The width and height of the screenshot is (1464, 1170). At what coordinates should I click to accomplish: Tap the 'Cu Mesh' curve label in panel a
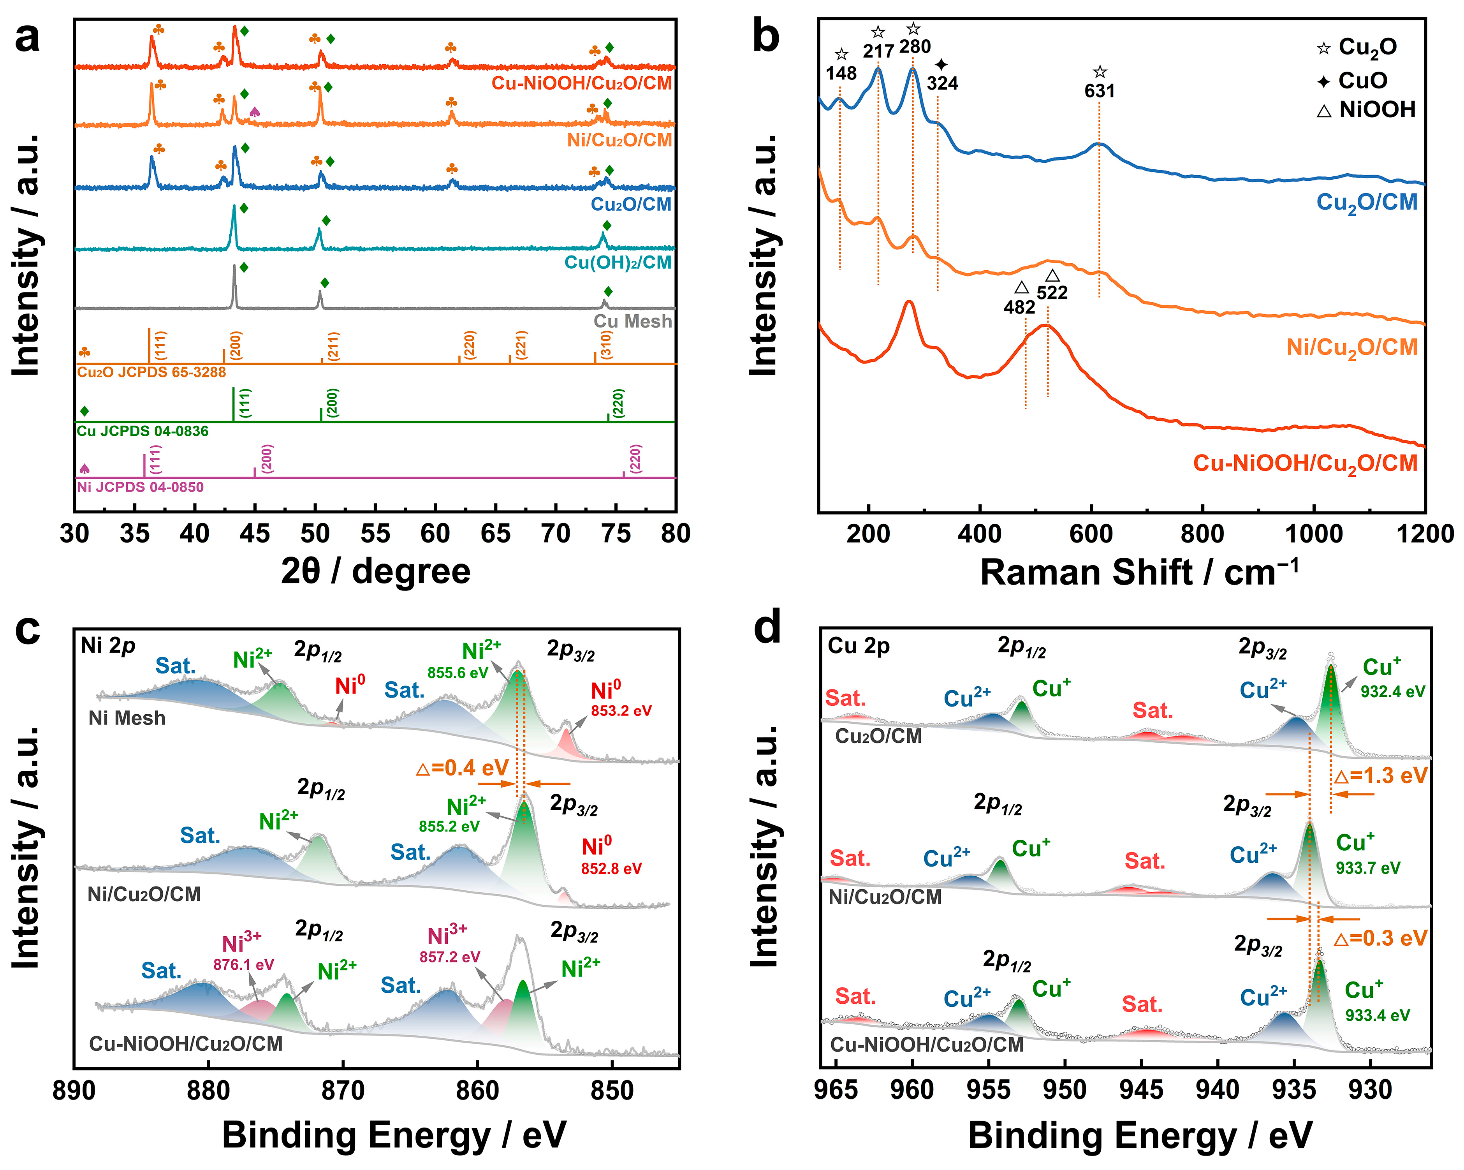coord(632,321)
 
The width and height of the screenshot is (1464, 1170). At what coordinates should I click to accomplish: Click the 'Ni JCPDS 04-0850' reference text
coord(140,487)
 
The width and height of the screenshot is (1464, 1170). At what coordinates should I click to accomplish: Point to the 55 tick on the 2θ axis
coord(375,533)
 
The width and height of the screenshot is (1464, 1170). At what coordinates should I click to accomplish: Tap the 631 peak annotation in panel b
coord(1099,90)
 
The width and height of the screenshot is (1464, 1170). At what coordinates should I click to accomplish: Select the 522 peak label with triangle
coord(1052,292)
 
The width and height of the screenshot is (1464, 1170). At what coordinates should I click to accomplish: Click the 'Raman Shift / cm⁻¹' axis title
coord(1139,572)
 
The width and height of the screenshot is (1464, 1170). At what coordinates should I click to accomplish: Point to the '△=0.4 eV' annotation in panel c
coord(462,768)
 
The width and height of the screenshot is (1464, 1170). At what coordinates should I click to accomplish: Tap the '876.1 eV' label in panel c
coord(243,965)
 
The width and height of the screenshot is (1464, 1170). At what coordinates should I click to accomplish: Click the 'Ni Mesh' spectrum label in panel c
coord(127,718)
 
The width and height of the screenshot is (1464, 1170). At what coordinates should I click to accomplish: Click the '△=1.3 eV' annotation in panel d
coord(1380,775)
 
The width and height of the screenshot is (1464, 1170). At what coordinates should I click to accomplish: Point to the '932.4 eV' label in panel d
coord(1392,691)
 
